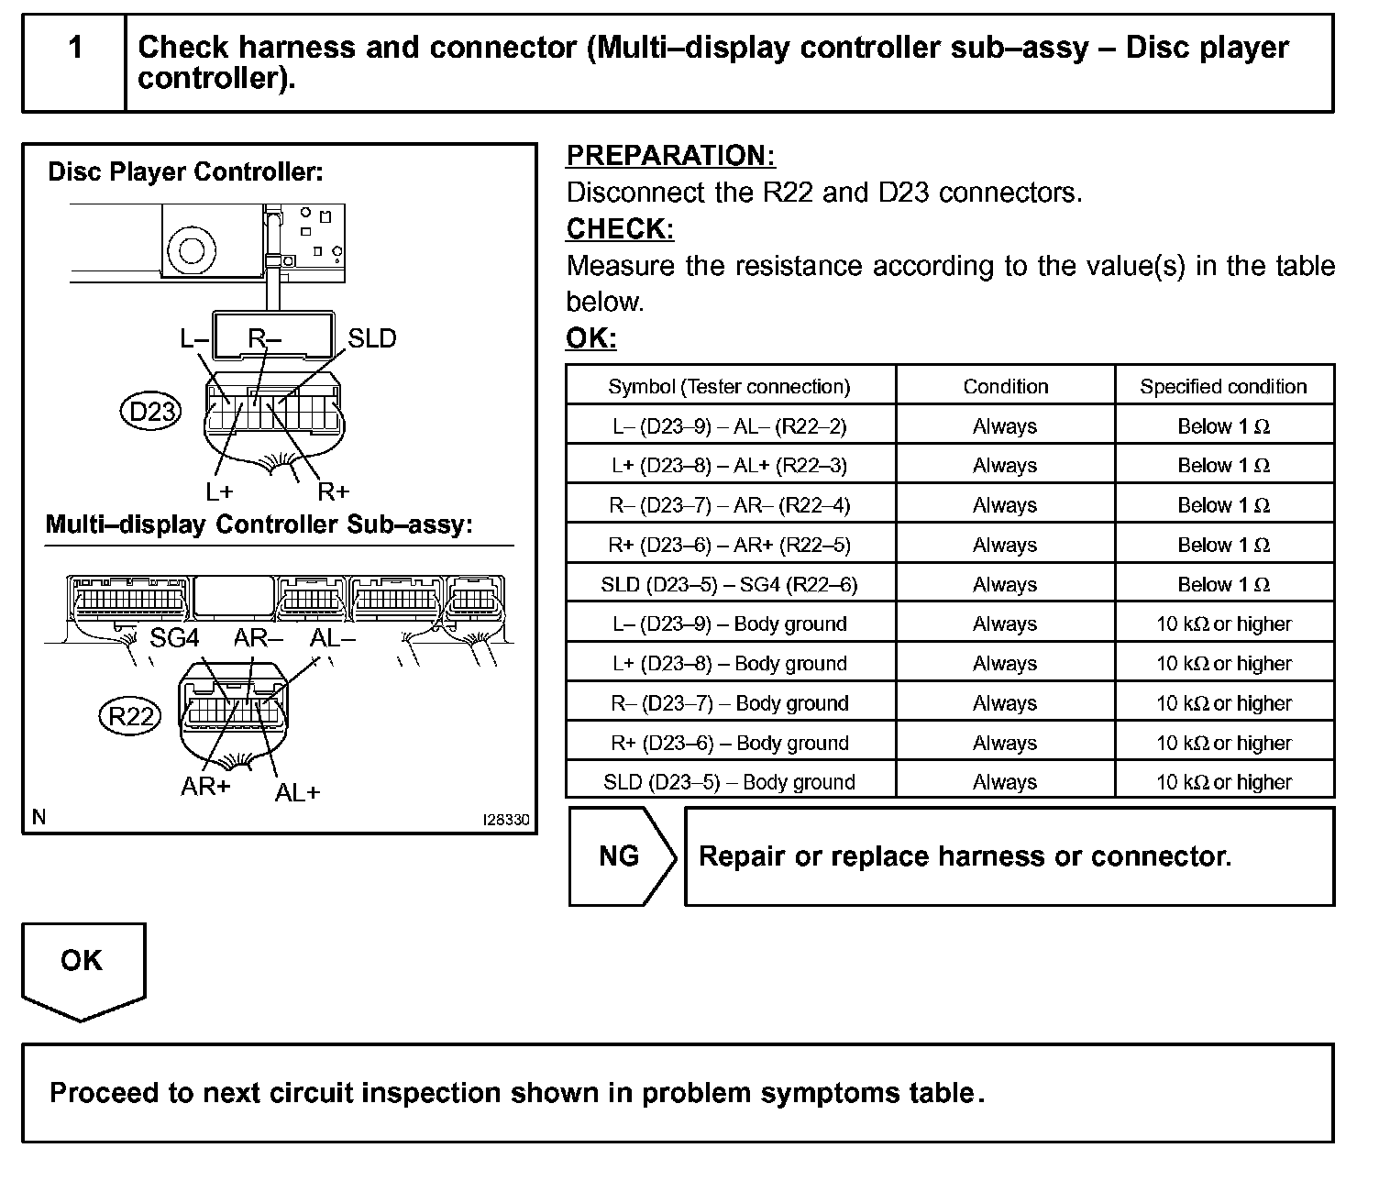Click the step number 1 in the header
tap(75, 48)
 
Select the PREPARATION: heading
tap(670, 156)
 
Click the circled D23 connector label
tap(151, 412)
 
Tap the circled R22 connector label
tap(129, 716)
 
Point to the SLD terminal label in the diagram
tap(371, 339)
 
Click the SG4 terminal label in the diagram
tap(174, 638)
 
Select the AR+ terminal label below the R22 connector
tap(205, 787)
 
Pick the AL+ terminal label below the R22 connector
tap(296, 792)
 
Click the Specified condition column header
tap(1223, 387)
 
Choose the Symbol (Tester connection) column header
tap(729, 387)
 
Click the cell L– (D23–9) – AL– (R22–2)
tap(729, 426)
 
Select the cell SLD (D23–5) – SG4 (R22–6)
tap(729, 585)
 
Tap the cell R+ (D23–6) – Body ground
tap(729, 743)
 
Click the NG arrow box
tap(622, 856)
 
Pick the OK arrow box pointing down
tap(83, 967)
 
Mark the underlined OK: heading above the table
tap(590, 338)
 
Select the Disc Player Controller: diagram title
tap(185, 172)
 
